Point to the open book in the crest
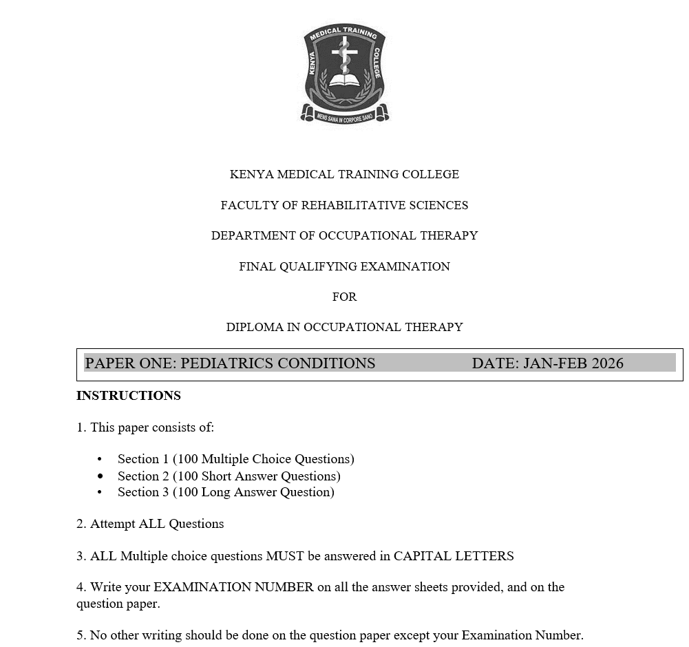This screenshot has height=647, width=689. (344, 81)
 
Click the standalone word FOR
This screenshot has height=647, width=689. (344, 297)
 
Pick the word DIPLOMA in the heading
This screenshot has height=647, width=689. (254, 327)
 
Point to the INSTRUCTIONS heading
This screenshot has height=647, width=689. (129, 396)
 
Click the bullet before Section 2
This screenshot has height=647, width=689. (100, 476)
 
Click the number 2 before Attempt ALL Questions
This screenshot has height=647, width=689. (81, 524)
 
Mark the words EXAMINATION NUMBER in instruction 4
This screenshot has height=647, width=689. (233, 587)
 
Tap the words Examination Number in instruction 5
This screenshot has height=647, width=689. (521, 635)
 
